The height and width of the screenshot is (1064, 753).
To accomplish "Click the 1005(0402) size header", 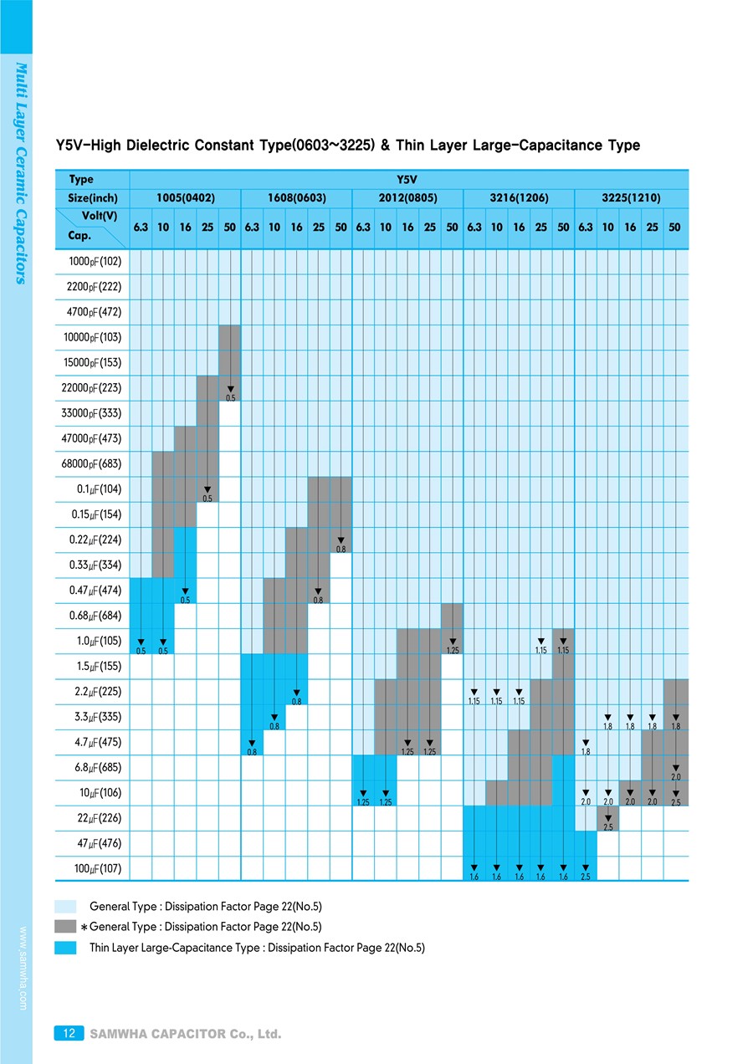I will coord(186,198).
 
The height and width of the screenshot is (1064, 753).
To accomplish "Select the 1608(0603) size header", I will coord(297,198).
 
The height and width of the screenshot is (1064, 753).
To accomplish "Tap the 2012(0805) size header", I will coord(408,198).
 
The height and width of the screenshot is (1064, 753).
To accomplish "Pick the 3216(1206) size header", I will coord(520,198).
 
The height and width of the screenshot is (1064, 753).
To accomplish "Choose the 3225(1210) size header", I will coord(631,198).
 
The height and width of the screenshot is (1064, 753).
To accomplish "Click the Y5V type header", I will coord(408,179).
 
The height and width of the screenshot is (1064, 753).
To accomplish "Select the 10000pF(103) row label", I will coord(93,337).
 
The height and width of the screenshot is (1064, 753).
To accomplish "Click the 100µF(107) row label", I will coord(97,869).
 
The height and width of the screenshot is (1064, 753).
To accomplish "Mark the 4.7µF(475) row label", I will coord(97,742).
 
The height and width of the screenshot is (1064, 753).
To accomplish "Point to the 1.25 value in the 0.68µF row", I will coord(453,649).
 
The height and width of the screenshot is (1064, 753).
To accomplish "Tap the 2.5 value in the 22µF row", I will coord(608,826).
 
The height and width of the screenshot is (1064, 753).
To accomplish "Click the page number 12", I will coord(69,1034).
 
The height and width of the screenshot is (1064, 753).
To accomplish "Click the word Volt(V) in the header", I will coord(99,216).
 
